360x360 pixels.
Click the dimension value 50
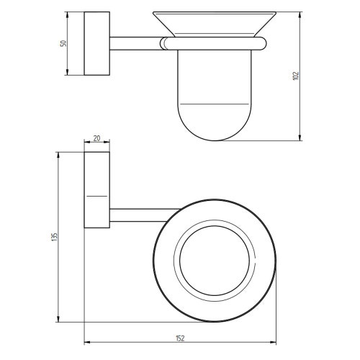(63, 43)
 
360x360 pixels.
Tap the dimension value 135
(55, 237)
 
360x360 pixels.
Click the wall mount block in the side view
(97, 43)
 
